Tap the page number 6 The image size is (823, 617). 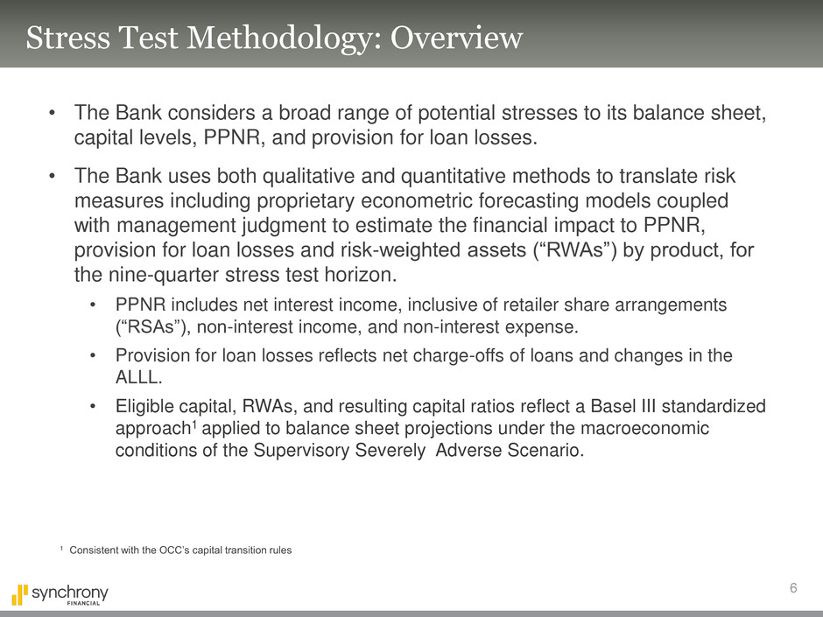tap(792, 588)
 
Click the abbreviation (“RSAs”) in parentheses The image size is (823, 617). tap(150, 328)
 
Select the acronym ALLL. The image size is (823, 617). tap(135, 379)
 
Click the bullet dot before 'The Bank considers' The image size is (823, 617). tap(53, 114)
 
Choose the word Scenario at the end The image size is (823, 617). tap(548, 452)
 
